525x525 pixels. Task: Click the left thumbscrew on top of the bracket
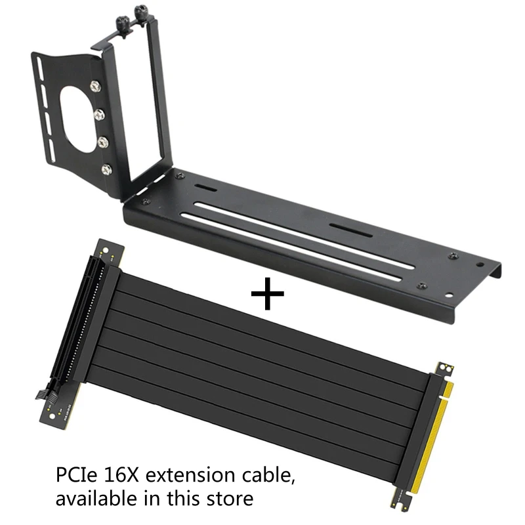point(122,14)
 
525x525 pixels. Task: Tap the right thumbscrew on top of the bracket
point(140,11)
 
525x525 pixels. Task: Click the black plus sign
point(268,292)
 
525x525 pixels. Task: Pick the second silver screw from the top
point(99,115)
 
